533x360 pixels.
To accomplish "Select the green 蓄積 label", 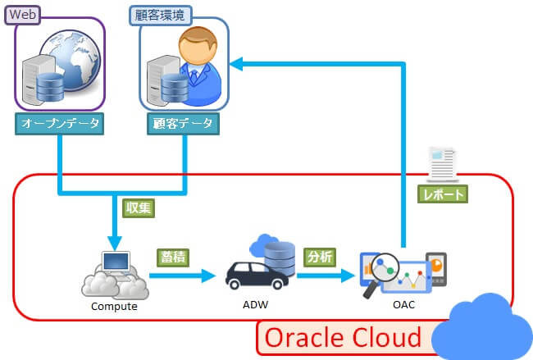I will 174,257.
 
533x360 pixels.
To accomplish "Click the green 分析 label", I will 321,256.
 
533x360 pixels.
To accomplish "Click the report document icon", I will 443,163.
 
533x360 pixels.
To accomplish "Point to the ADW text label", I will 255,304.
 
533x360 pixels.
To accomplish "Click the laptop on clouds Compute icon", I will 115,275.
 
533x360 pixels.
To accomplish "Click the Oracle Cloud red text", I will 343,336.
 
